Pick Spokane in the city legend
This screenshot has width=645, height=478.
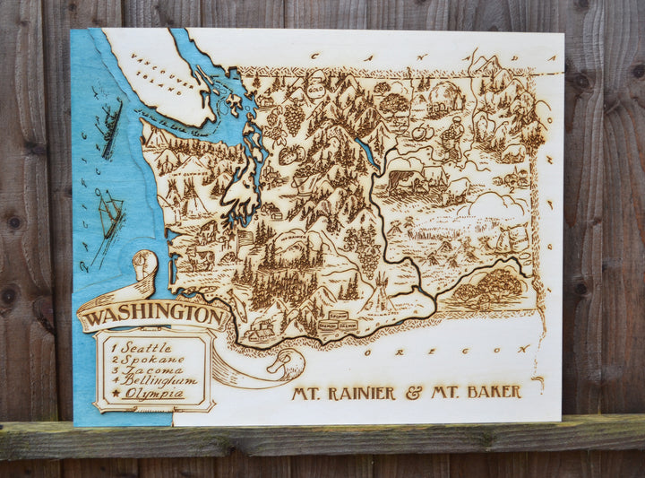click(154, 359)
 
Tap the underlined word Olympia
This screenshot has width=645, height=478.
click(154, 393)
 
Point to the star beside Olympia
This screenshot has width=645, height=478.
click(115, 394)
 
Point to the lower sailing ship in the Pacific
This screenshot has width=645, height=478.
click(109, 215)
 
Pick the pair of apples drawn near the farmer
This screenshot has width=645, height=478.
click(422, 132)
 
